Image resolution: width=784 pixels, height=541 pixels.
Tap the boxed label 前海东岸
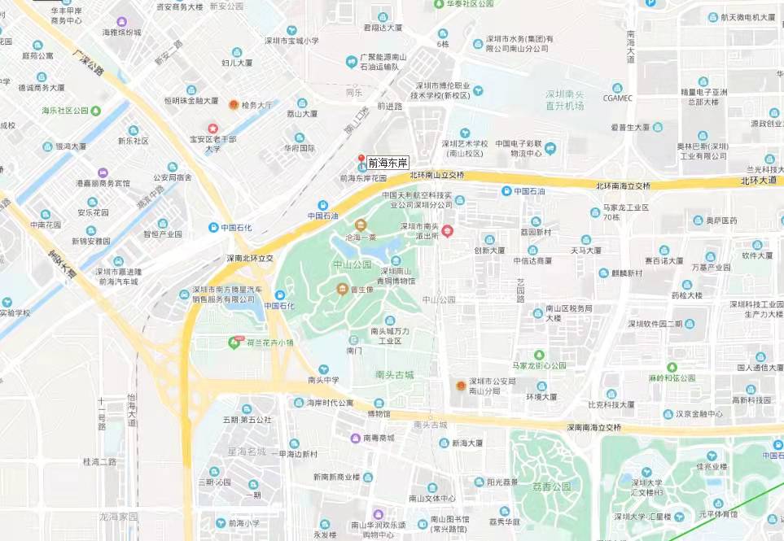tap(389, 163)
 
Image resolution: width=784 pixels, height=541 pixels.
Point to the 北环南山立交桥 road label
tap(436, 175)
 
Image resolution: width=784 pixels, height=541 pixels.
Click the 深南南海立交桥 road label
tap(593, 427)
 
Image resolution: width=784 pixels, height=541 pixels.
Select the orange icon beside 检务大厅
tap(234, 105)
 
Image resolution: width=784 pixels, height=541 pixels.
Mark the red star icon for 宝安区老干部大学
tap(212, 129)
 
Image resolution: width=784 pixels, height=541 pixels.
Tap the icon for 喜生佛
tap(343, 289)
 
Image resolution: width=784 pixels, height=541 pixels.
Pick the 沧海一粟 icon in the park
tap(361, 225)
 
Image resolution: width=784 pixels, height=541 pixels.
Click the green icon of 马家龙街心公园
tap(539, 355)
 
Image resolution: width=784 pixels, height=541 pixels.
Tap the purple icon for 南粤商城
tap(355, 438)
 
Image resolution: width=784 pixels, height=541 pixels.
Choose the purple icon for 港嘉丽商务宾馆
tap(103, 172)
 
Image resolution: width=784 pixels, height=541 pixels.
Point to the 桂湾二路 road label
tap(100, 461)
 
